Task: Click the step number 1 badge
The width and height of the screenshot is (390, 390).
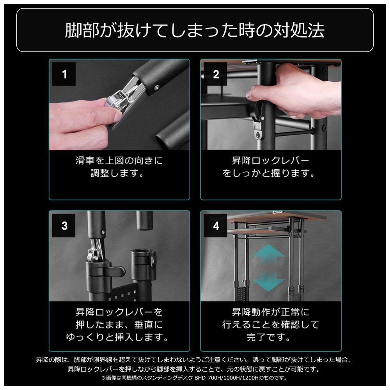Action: pos(64,74)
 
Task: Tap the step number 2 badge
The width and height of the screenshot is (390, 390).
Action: pos(215,74)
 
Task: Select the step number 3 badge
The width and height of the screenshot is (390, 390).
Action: pos(64,225)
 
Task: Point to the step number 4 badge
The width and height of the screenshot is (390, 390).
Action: pos(215,225)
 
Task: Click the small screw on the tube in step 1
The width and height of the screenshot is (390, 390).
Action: pos(156,87)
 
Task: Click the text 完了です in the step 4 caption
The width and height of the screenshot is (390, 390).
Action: pos(268,337)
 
